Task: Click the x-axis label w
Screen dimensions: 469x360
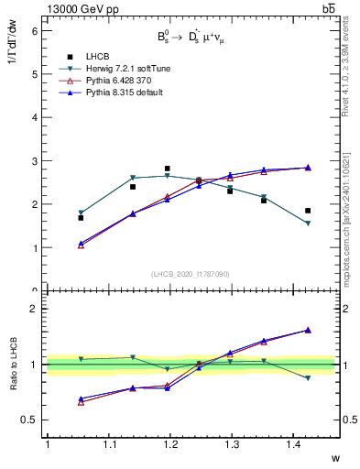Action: click(336, 458)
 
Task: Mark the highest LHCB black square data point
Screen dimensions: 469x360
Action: click(167, 169)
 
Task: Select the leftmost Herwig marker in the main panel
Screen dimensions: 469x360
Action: click(81, 213)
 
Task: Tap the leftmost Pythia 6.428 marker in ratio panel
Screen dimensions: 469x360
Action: click(81, 402)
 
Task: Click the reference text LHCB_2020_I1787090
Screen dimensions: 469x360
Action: click(190, 274)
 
